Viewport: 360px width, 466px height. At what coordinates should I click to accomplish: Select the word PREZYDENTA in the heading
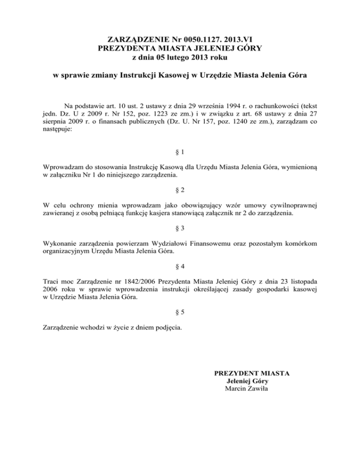pos(127,48)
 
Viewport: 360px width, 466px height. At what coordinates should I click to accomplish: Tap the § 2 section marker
pos(180,191)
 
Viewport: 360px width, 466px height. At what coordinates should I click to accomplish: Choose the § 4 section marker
pos(180,266)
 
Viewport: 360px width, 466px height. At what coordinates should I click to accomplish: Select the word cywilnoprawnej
pos(293,205)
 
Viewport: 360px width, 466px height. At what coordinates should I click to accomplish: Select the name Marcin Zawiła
pos(247,390)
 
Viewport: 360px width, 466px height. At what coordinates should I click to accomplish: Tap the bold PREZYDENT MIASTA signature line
pos(252,373)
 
